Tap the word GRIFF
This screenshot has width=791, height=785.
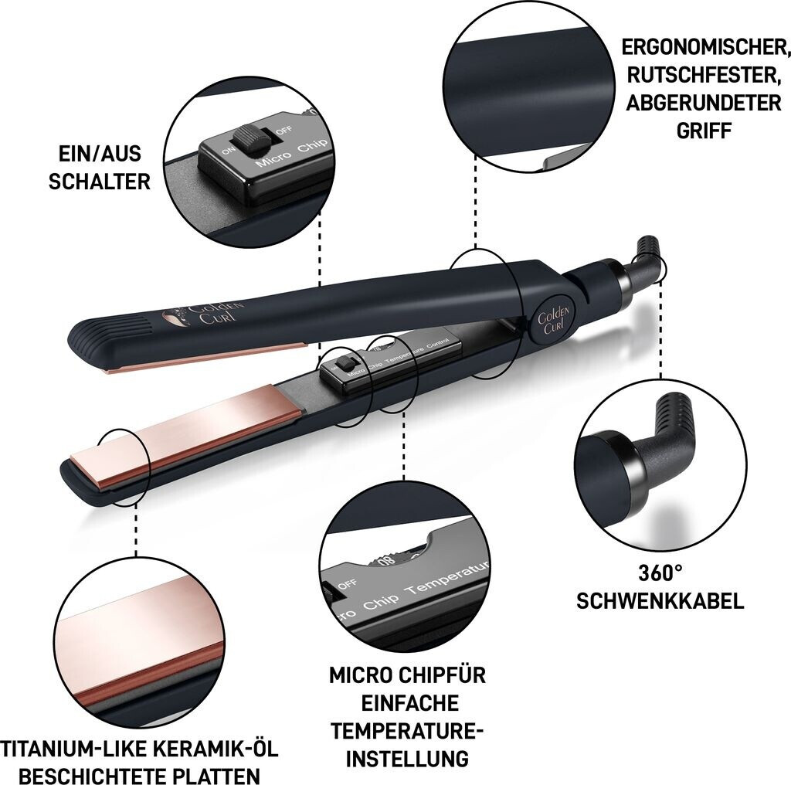point(704,131)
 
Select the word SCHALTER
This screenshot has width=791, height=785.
point(100,182)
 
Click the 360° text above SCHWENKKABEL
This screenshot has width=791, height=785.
point(660,573)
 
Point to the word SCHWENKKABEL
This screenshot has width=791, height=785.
point(660,601)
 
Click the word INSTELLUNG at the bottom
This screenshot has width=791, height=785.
point(408,759)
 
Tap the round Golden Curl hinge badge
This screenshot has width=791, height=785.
point(553,320)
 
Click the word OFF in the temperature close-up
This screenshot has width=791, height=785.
point(348,584)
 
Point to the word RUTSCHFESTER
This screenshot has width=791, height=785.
point(701,75)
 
